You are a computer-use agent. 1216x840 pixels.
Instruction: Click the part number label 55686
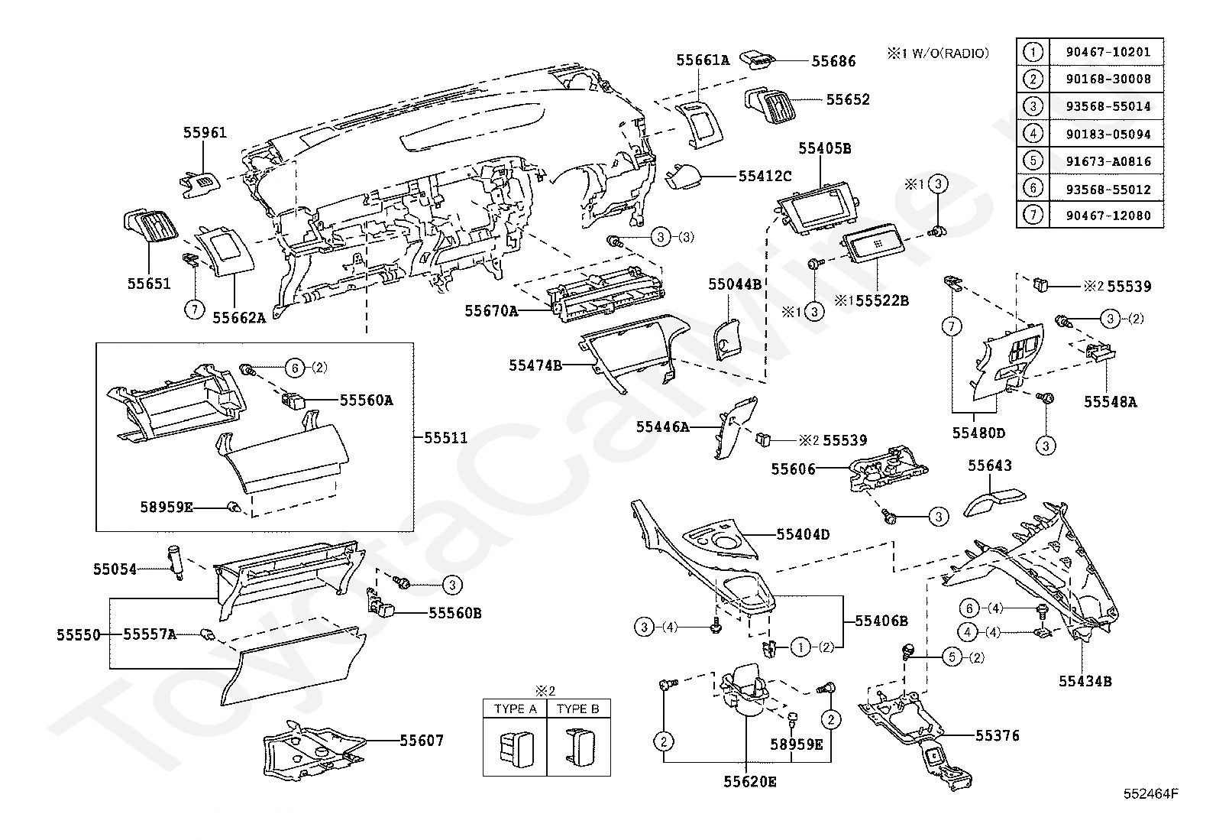tap(833, 60)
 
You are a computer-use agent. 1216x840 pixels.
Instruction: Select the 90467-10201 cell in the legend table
tap(1108, 52)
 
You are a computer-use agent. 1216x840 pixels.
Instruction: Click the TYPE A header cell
tap(515, 709)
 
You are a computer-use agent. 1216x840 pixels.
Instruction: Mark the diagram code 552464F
tap(1150, 793)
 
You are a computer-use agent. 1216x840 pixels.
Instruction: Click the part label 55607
tap(421, 740)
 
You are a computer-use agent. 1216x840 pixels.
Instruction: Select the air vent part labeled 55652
tap(771, 103)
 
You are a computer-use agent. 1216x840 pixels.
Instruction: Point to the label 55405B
tap(825, 148)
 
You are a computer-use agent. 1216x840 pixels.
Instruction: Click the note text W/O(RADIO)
tap(946, 53)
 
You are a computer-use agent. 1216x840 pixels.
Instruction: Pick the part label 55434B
tap(1085, 681)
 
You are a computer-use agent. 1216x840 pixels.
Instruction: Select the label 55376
tap(998, 735)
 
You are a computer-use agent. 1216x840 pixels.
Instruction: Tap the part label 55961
tap(205, 132)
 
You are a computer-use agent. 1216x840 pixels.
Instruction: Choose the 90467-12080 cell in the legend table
tap(1108, 216)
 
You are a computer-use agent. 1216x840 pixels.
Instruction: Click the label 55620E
tap(750, 781)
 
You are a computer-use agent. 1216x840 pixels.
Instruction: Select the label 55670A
tap(491, 310)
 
